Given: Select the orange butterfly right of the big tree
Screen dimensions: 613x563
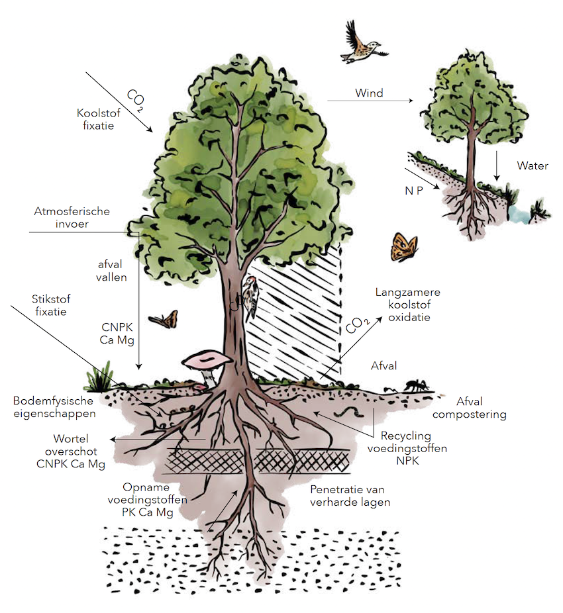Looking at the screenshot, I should coord(403,247).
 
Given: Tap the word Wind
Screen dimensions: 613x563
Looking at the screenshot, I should coord(369,93).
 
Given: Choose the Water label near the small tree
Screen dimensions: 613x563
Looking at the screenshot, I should coord(533,165).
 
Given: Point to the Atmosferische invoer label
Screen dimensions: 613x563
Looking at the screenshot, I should coord(72,218).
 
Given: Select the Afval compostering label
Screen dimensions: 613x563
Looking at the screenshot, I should coord(482,408).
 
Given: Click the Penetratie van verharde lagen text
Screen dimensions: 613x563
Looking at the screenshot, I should coord(348,496).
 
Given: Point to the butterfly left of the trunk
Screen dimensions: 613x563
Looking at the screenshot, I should coord(164,320).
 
